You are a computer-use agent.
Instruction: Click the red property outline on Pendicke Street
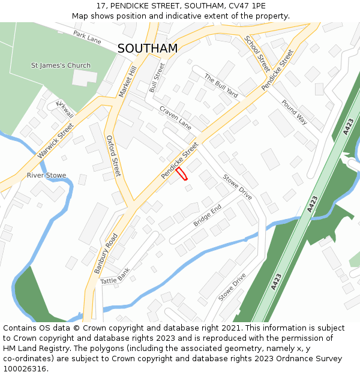[182, 173]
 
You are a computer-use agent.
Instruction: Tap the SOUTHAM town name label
[148, 49]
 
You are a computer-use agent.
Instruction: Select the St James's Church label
[61, 65]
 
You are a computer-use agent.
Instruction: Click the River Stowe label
[46, 175]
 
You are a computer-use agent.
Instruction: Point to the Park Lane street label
[88, 37]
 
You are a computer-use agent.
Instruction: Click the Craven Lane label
[175, 118]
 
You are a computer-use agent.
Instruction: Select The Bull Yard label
[221, 86]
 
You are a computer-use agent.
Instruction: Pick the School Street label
[256, 53]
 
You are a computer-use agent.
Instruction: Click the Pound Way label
[294, 112]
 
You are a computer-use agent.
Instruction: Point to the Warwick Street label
[55, 140]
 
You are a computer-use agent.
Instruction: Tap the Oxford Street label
[113, 155]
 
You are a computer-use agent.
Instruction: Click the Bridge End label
[207, 215]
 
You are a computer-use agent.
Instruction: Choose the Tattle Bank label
[115, 277]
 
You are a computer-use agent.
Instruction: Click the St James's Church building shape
[84, 78]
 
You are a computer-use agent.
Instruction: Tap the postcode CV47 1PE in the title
[233, 5]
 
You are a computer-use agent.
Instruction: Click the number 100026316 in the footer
[24, 369]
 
